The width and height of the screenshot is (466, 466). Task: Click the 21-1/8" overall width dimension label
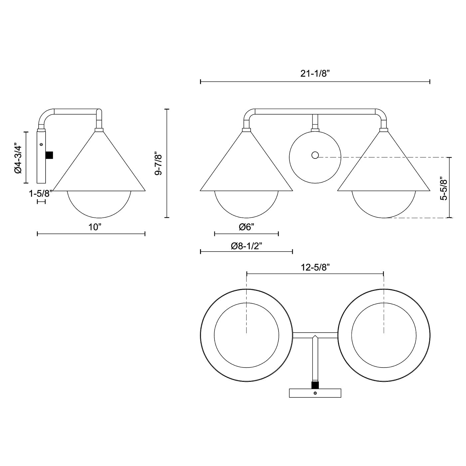315,74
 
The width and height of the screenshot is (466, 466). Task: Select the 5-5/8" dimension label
443,188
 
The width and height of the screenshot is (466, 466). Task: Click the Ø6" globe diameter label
247,227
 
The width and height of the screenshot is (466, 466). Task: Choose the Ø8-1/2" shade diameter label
247,246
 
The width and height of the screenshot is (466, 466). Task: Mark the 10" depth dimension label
95,227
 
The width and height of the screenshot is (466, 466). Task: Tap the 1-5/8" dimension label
41,193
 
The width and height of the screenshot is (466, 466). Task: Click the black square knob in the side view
49,155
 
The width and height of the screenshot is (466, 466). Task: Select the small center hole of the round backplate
315,155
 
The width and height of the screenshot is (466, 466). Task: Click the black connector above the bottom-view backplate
315,385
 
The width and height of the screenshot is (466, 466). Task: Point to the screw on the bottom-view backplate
315,393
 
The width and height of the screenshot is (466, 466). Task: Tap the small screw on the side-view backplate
41,144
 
